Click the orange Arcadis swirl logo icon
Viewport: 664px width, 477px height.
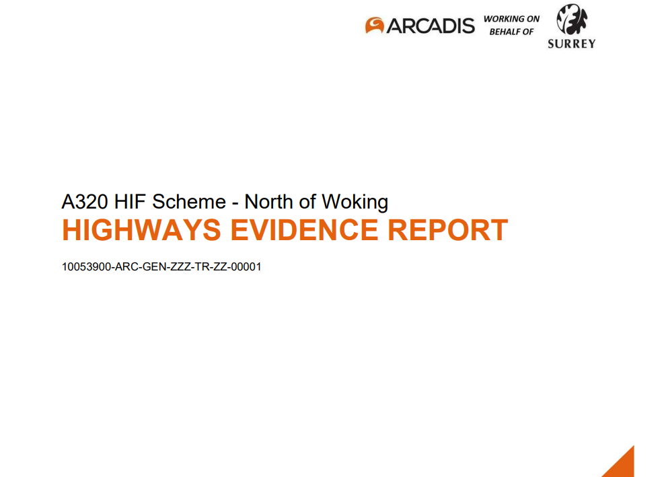pos(375,26)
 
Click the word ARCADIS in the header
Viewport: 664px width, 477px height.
pos(431,26)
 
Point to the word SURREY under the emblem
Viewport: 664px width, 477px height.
pos(570,44)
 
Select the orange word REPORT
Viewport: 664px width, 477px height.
pos(448,230)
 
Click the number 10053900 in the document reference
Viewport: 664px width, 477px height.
pos(87,267)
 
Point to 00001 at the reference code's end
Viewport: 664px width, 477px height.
pos(246,267)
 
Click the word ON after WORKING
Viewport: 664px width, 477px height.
pos(531,19)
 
